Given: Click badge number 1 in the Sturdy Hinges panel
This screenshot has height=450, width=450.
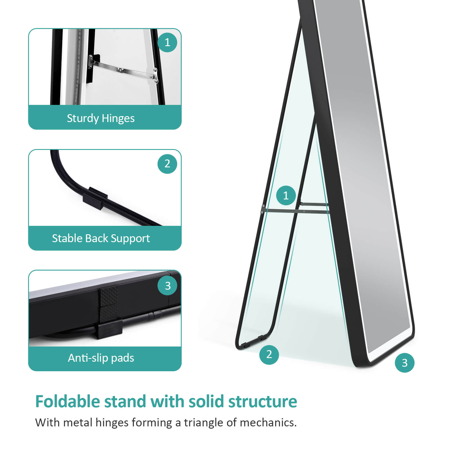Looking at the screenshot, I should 167,42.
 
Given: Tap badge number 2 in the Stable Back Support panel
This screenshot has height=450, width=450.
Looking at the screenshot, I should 167,164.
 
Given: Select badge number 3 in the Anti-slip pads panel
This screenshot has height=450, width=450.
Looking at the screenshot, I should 168,286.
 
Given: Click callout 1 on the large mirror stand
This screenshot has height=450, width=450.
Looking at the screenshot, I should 286,195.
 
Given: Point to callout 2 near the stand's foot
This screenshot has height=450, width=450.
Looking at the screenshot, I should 269,354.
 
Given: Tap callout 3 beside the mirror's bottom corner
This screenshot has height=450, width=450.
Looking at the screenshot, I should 404,363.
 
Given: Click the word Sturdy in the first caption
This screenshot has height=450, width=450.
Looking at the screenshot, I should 83,118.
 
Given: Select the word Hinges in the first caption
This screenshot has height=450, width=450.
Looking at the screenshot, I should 118,118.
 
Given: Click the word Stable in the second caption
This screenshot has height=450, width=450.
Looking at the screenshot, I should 67,238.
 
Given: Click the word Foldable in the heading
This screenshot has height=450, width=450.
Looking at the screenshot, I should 67,401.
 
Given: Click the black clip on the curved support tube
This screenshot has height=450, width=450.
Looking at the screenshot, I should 95,198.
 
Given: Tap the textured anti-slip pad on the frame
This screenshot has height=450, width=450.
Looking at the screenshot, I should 108,304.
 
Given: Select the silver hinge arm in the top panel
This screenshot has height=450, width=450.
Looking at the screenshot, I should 123,70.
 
